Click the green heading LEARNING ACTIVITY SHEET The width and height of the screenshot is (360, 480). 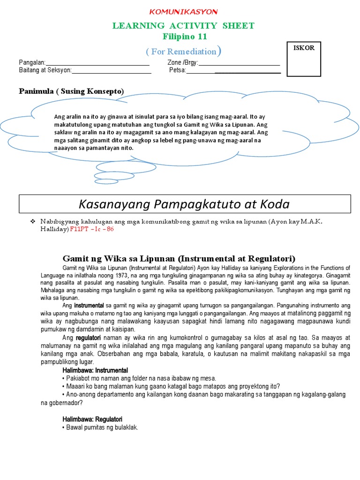point(183,26)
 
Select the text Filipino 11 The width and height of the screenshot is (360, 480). point(184,37)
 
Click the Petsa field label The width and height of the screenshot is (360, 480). point(177,71)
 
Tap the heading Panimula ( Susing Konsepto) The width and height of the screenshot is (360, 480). point(71,91)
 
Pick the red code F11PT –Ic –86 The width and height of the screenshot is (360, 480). point(91,229)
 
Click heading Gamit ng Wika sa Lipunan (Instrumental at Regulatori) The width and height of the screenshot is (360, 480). point(179,258)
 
